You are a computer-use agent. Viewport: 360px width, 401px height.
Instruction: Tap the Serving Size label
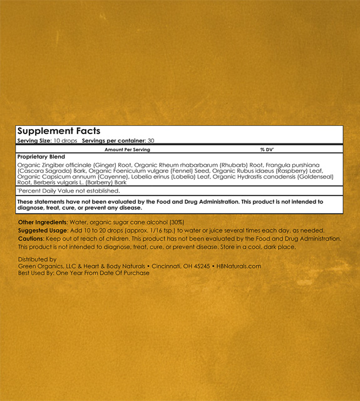point(34,142)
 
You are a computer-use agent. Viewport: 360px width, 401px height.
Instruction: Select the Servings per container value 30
point(151,142)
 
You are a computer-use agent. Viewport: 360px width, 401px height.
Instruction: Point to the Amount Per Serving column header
point(127,150)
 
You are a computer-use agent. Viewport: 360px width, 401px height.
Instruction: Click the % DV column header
point(265,150)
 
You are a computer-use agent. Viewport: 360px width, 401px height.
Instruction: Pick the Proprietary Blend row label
point(41,157)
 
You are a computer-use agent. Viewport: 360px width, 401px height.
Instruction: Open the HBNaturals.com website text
point(239,266)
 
